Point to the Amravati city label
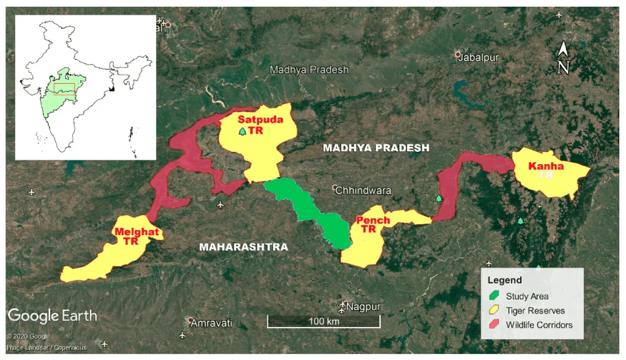click(211, 323)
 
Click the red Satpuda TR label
click(260, 124)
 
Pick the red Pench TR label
click(373, 225)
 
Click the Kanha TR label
click(546, 170)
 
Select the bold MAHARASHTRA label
click(243, 247)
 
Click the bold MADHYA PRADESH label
click(376, 148)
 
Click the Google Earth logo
click(52, 316)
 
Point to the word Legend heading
click(504, 280)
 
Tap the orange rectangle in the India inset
click(64, 88)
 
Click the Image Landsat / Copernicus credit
click(47, 348)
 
